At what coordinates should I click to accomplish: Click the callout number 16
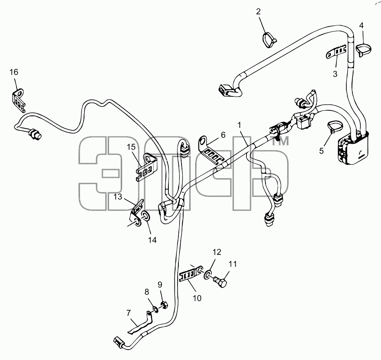[14, 72]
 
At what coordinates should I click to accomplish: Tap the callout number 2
[258, 12]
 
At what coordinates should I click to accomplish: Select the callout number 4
[361, 25]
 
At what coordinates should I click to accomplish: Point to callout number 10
[197, 298]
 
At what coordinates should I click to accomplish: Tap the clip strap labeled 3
[336, 53]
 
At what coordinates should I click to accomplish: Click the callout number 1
[240, 125]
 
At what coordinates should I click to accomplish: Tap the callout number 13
[118, 197]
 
